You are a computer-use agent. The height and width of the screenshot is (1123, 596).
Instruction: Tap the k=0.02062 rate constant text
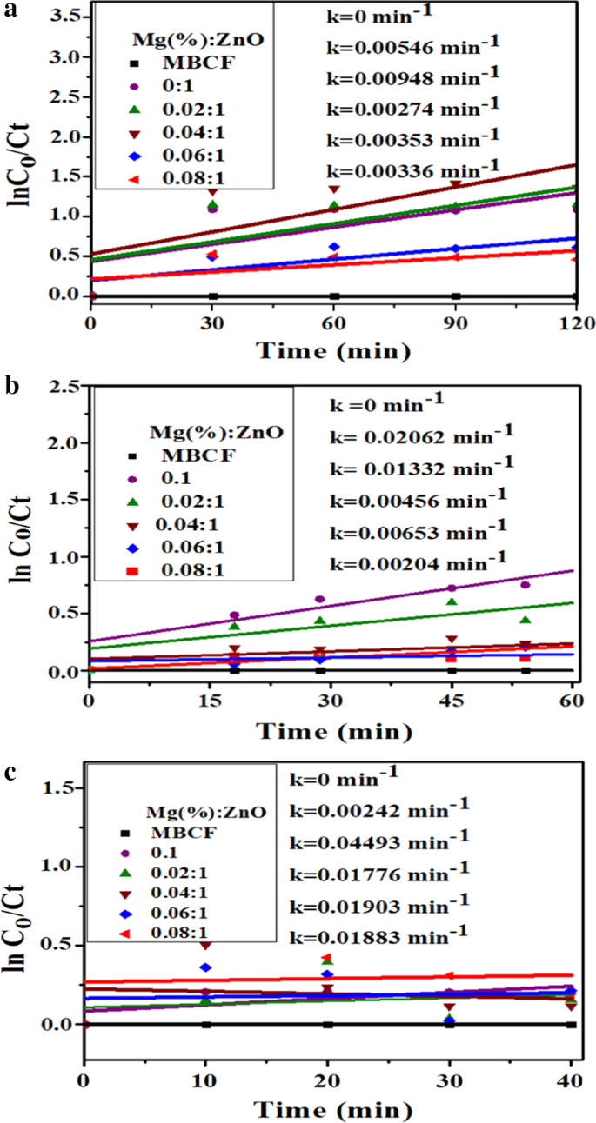pos(420,432)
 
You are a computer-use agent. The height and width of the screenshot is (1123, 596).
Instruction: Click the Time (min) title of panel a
pos(333,351)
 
